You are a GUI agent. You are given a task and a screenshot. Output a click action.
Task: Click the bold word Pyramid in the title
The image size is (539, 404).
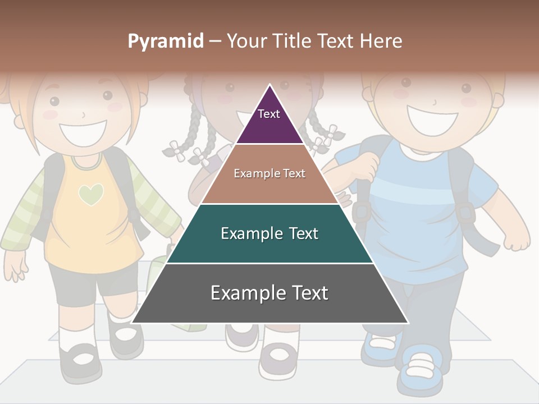coord(165,42)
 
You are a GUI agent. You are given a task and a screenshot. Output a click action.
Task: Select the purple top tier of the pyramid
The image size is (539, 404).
coord(270,121)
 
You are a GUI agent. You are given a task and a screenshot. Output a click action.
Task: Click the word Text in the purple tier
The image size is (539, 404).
coord(269,114)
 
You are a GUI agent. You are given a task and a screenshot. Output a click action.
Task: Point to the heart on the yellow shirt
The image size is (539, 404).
coord(91,194)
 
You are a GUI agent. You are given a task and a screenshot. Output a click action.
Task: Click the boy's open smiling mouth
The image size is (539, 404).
coord(432,120)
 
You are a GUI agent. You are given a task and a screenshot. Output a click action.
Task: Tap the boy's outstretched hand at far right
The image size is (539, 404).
coord(517,239)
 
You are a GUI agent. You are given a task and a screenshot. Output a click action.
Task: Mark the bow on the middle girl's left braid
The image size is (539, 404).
coord(176,150)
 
